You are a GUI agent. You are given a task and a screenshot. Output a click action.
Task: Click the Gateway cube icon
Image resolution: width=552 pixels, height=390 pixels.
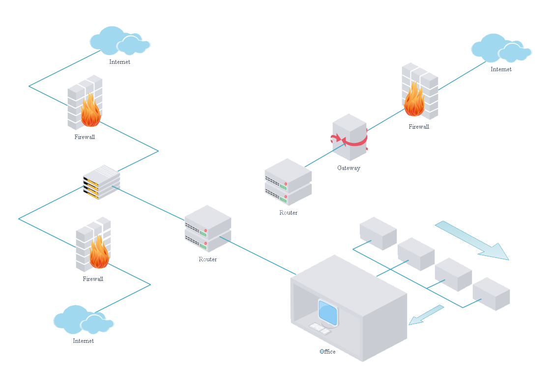[349, 137]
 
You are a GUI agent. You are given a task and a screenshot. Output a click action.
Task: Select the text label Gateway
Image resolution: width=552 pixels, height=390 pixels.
[349, 168]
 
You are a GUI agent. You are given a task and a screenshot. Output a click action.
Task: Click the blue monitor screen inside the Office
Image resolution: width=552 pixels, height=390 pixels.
[328, 313]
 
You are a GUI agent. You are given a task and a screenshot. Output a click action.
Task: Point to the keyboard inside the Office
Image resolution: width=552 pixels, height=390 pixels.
[320, 328]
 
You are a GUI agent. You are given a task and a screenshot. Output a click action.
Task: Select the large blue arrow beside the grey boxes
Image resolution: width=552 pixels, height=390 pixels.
[472, 240]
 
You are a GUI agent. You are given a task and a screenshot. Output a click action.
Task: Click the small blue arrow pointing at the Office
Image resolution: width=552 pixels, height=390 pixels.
[426, 315]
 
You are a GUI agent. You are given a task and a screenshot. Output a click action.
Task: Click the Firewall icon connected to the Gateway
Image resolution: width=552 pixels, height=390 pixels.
[419, 91]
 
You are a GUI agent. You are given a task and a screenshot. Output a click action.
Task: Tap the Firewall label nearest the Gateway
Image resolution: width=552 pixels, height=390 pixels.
[419, 127]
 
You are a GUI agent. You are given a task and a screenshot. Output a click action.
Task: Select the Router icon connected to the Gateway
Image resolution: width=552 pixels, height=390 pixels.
[288, 182]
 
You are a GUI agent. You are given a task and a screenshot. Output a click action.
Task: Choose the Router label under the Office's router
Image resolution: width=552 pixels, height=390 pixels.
[208, 259]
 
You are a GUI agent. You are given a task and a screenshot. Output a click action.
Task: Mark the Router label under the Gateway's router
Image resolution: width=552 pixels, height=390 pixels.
[289, 213]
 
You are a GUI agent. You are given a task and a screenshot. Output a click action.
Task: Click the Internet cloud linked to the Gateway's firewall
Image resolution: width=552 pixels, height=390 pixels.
[500, 48]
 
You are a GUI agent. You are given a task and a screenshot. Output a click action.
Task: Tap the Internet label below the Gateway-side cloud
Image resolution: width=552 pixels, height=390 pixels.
[501, 69]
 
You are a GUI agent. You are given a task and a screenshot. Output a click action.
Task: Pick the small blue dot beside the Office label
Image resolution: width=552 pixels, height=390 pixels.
[322, 352]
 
